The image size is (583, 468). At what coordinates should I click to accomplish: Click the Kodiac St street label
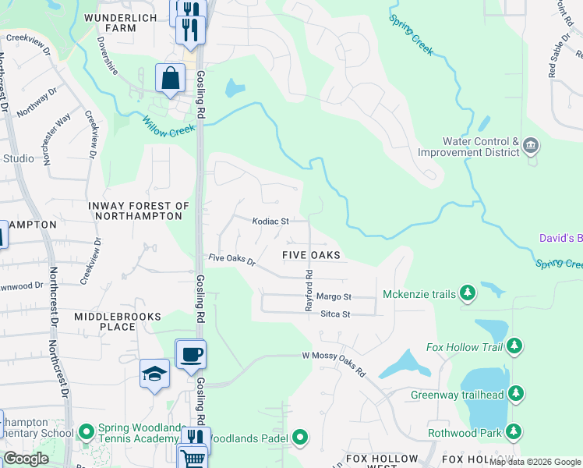point(270,222)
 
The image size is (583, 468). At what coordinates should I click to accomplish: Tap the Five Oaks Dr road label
point(231,259)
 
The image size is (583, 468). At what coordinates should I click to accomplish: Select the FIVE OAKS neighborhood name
point(311,255)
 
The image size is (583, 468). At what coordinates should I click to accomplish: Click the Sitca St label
point(336,314)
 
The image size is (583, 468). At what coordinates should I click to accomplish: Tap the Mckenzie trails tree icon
point(468,293)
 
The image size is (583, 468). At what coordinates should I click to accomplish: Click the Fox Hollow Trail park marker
point(514,346)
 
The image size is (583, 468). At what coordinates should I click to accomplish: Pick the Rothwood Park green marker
point(514,431)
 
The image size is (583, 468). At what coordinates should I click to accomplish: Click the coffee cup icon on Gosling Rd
point(191,355)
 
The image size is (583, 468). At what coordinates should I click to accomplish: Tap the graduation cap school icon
point(155,374)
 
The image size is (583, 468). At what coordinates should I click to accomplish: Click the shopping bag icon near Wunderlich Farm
point(170,79)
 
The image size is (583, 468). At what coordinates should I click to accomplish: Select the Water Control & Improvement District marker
point(531,145)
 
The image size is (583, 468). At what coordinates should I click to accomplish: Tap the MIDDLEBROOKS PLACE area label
point(118,321)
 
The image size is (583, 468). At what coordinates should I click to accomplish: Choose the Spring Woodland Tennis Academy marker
point(85,430)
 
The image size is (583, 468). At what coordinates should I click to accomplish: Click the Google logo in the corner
point(26,459)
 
